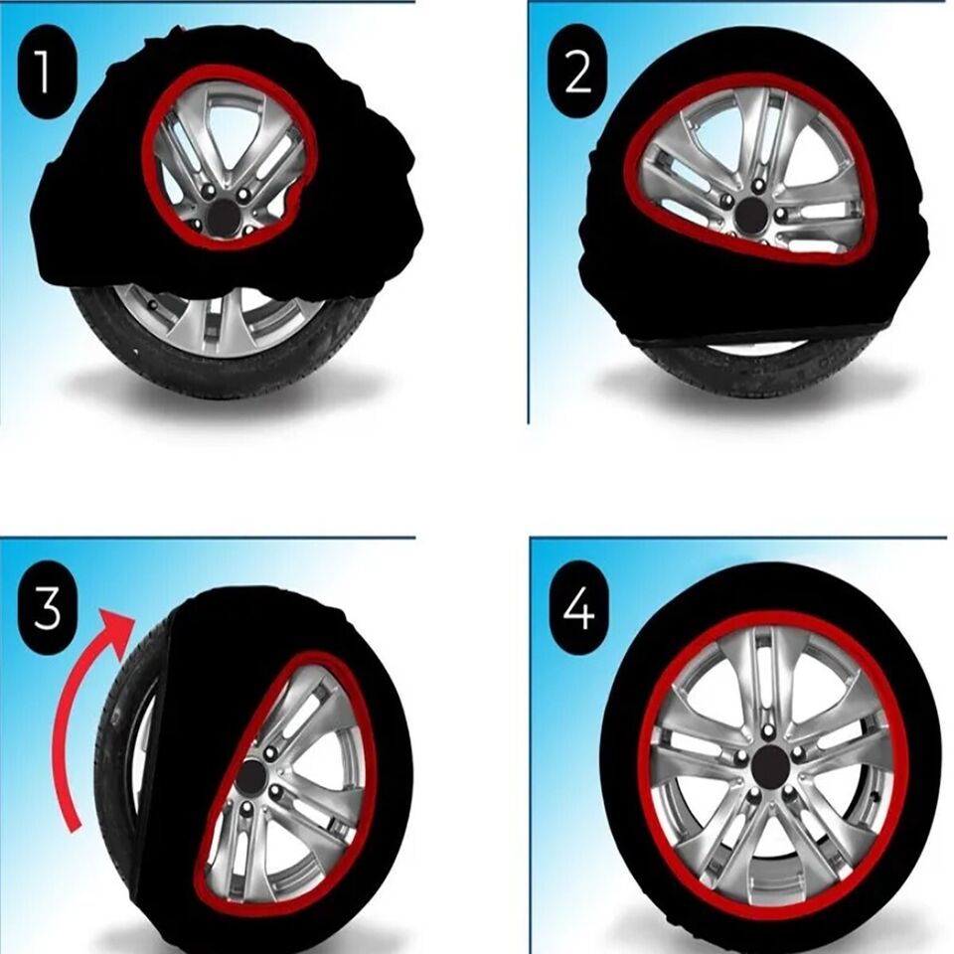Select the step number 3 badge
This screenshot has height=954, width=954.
[46, 609]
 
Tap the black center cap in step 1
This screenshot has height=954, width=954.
[225, 218]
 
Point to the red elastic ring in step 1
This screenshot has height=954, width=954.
[146, 149]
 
